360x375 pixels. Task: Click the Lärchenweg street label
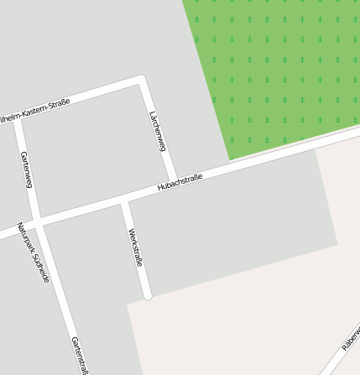(x=157, y=131)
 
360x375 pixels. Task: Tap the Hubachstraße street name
(x=180, y=182)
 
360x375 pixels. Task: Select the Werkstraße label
(x=135, y=247)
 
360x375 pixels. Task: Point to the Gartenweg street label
(x=26, y=169)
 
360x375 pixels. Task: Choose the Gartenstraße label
(x=81, y=354)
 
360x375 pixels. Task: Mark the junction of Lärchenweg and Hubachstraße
(x=173, y=179)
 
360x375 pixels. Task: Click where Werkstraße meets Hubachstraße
(x=124, y=200)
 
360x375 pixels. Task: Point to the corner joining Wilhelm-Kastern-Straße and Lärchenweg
(x=141, y=81)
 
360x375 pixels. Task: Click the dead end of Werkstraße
(x=148, y=295)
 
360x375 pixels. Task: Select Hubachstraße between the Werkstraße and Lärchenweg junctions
(x=149, y=191)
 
